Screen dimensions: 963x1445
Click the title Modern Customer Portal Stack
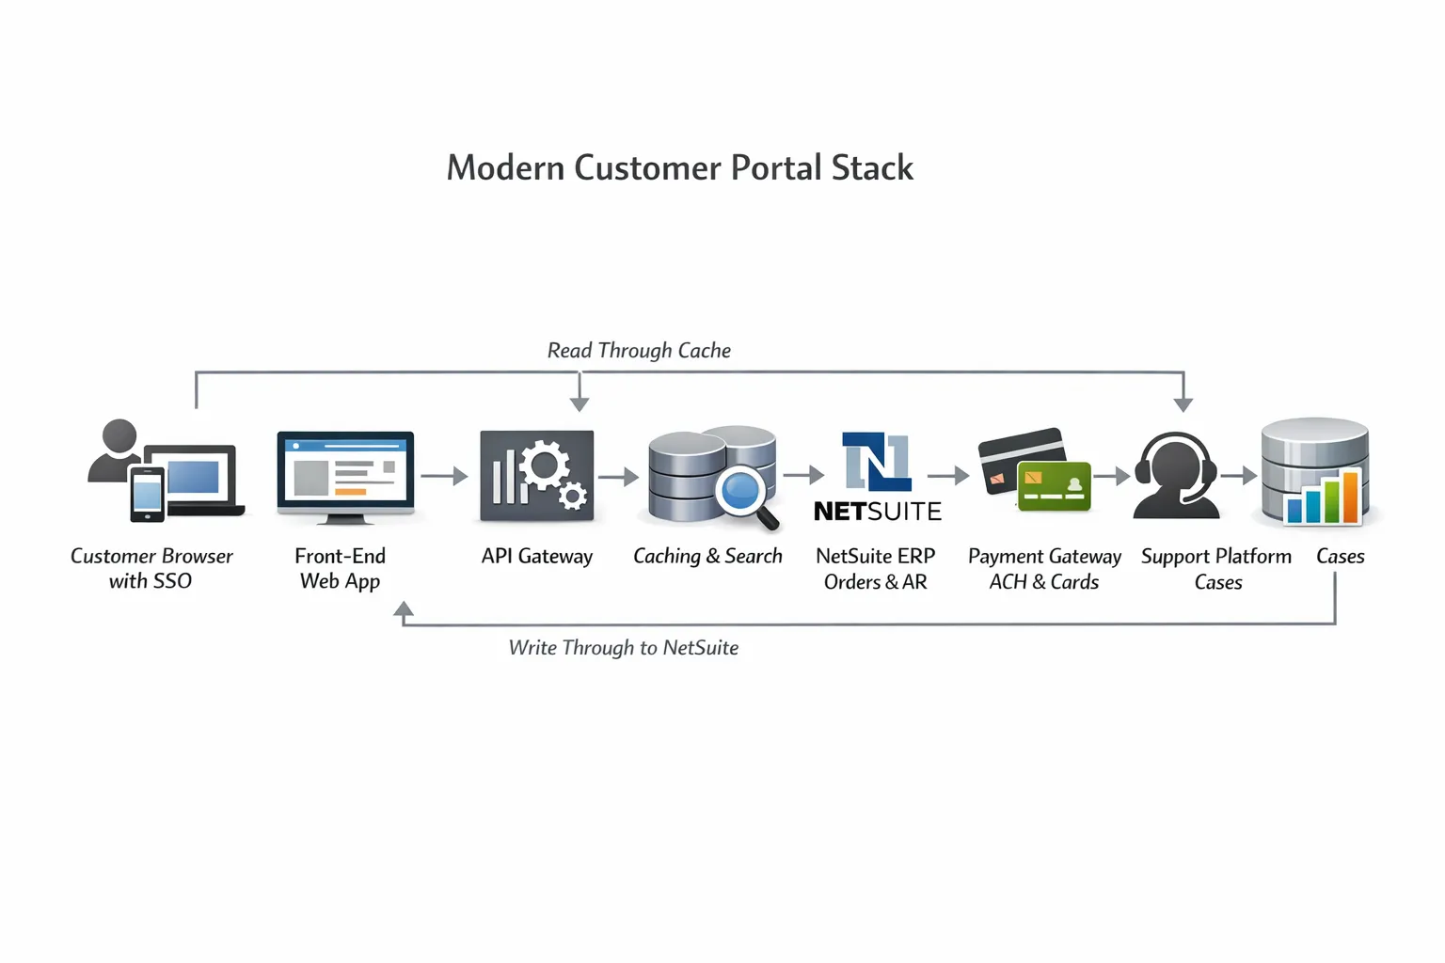point(679,168)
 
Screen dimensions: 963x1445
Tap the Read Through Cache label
point(639,351)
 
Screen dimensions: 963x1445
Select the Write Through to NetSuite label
point(623,648)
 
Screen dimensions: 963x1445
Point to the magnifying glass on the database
point(744,494)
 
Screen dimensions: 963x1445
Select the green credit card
point(1054,486)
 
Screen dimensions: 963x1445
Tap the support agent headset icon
point(1176,476)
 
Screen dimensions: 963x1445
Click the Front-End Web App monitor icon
point(345,476)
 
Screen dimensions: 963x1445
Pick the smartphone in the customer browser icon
point(147,494)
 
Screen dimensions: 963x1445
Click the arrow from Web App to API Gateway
point(445,476)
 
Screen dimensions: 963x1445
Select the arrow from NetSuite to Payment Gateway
point(948,476)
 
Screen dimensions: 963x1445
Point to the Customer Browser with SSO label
point(151,569)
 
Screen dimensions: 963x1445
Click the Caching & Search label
point(707,557)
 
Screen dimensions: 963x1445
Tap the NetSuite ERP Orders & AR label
point(875,569)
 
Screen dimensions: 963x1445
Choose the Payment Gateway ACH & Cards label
point(1044,569)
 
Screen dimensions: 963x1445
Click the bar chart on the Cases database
point(1324,498)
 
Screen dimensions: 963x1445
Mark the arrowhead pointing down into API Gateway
point(580,403)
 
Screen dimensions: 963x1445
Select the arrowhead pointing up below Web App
point(404,610)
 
